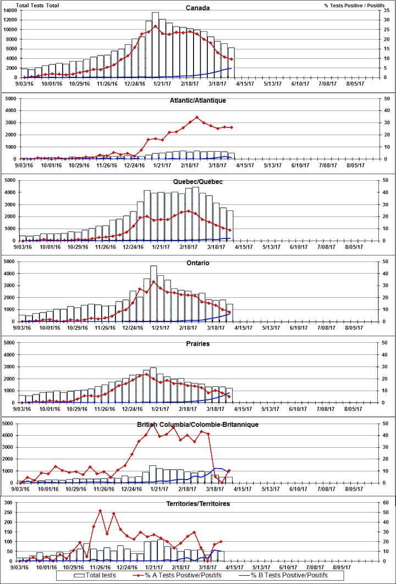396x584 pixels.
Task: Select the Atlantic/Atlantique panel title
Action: coord(197,101)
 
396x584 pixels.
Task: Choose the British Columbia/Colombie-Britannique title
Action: coord(197,425)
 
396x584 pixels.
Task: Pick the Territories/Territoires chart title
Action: coord(197,503)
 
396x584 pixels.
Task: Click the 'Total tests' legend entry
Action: coord(101,575)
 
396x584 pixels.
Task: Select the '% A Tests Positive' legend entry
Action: coord(190,575)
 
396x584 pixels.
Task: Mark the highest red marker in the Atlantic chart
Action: coord(197,117)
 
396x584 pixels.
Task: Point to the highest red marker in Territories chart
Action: coord(100,510)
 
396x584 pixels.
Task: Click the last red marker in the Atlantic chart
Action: coord(231,127)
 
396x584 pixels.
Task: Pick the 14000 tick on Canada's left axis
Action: coord(10,10)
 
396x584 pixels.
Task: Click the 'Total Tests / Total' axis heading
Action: coord(30,5)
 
